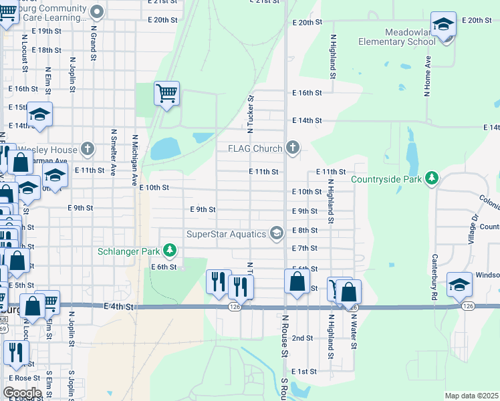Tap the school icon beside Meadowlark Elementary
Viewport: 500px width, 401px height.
coord(443,25)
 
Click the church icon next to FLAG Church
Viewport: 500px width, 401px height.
coord(292,148)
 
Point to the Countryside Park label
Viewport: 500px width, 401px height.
coord(387,179)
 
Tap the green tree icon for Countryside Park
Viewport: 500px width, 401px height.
coord(432,178)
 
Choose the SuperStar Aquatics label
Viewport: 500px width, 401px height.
coord(226,233)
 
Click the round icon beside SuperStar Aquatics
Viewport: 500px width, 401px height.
coord(276,233)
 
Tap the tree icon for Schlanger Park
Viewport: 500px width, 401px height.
coord(170,251)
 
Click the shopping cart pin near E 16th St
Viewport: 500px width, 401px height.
coord(166,94)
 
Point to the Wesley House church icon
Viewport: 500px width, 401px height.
coord(87,148)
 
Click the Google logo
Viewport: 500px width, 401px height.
coord(22,392)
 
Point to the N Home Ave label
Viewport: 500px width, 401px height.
coord(427,76)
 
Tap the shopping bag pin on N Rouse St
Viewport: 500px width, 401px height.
coord(297,282)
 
